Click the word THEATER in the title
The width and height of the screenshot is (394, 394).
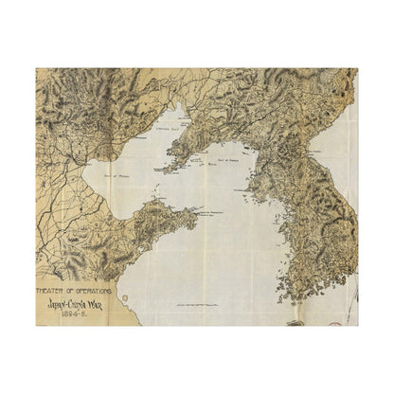[x=52, y=281]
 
